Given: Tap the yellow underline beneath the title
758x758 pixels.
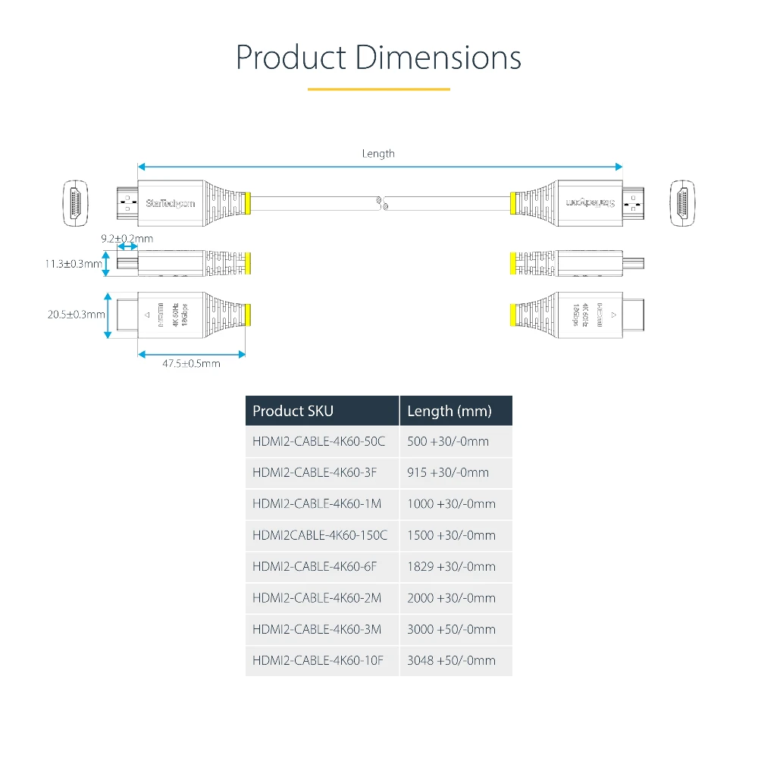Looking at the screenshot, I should tap(378, 89).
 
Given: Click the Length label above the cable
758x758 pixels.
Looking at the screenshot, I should tap(378, 154).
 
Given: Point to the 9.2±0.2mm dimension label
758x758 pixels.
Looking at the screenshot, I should tap(127, 239).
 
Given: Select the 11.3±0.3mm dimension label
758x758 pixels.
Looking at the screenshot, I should tap(73, 264).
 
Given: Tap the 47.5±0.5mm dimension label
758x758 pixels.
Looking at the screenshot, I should tap(191, 364).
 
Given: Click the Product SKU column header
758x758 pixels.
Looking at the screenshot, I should tap(293, 411).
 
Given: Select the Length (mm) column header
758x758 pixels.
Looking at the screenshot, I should tap(449, 411).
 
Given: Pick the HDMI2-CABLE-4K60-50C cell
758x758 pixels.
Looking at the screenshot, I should tap(318, 441).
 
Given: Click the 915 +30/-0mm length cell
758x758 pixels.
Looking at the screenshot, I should tap(448, 472).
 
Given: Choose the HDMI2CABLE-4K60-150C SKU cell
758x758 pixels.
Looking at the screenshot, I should tap(320, 535).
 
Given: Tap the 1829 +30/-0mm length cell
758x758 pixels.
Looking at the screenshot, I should tap(451, 566).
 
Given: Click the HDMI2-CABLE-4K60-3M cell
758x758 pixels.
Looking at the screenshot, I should tap(317, 629).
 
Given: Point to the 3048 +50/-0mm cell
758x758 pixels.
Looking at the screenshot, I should tap(451, 660).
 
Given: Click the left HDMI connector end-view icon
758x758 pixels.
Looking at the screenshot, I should tap(75, 202).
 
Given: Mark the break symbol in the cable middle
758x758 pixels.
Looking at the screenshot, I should tap(382, 202).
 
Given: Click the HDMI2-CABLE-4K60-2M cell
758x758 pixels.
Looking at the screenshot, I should tap(317, 598).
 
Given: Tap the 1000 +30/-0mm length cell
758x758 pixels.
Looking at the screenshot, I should tap(451, 504).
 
